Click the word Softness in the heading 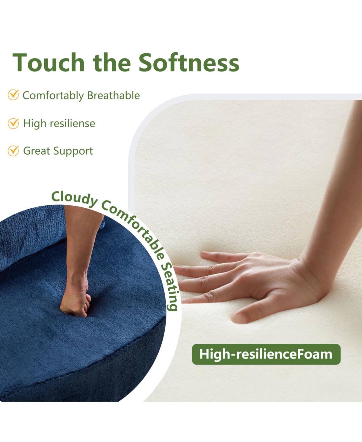(189, 62)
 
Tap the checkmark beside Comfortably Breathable (13, 95)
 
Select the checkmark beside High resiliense (13, 123)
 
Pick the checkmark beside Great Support (13, 151)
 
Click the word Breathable (113, 96)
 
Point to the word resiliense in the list (72, 123)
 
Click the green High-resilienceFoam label (266, 354)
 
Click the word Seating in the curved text (171, 286)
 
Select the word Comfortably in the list (53, 96)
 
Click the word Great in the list (37, 151)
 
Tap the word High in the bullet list (35, 123)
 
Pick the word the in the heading (112, 62)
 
